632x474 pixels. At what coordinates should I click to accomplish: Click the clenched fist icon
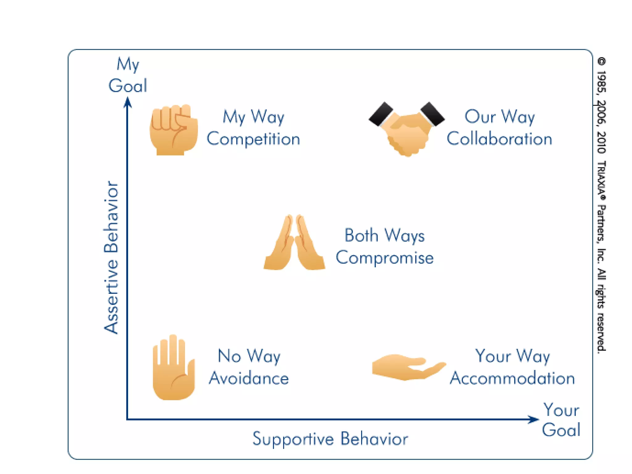pos(173,130)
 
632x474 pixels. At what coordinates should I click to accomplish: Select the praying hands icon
pos(294,243)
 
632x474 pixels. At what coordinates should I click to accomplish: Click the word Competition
pos(253,139)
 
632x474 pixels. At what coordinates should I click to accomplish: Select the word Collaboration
pos(499,139)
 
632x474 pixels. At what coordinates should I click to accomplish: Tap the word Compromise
pos(385,258)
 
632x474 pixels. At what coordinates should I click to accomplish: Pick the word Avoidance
pos(249,379)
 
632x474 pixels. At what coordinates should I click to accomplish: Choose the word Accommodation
pos(512,379)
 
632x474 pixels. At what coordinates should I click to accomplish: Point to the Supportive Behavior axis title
pos(330,439)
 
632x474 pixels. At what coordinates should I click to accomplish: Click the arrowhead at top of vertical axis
pos(127,102)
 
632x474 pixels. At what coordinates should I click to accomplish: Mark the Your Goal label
pos(561,420)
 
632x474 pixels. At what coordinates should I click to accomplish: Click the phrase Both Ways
pos(385,236)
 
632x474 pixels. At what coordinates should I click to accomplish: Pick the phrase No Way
pos(249,356)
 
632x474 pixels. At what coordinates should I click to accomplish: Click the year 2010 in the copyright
pos(601,142)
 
